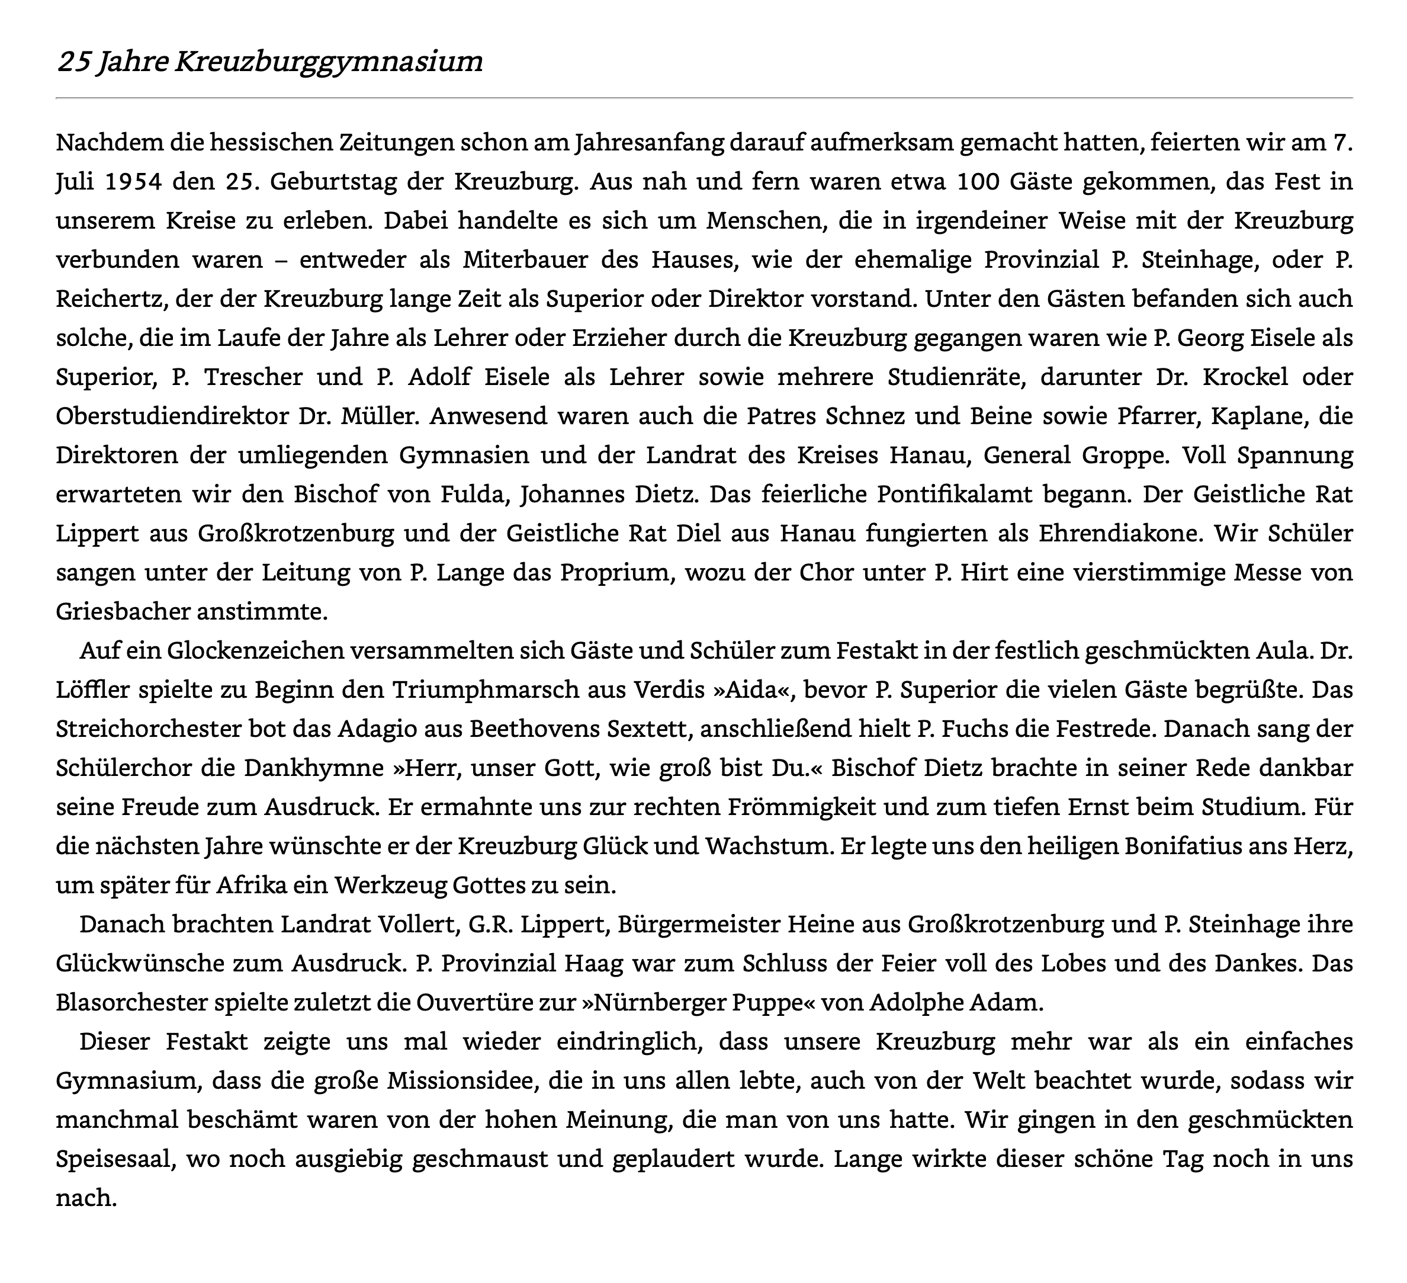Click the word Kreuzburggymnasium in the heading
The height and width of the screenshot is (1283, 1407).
coord(328,62)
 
